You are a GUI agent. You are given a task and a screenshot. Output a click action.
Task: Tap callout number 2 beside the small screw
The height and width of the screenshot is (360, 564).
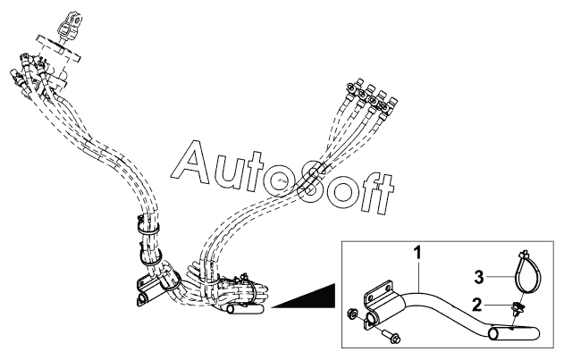477,306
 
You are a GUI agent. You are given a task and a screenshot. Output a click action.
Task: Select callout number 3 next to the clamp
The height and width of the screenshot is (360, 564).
479,277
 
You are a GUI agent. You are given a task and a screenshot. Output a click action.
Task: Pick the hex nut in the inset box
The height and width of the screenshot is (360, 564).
352,314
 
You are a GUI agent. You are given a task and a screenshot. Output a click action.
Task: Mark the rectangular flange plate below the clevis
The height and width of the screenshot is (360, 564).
59,49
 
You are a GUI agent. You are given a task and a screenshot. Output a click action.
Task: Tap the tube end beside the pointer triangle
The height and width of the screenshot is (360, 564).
245,309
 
